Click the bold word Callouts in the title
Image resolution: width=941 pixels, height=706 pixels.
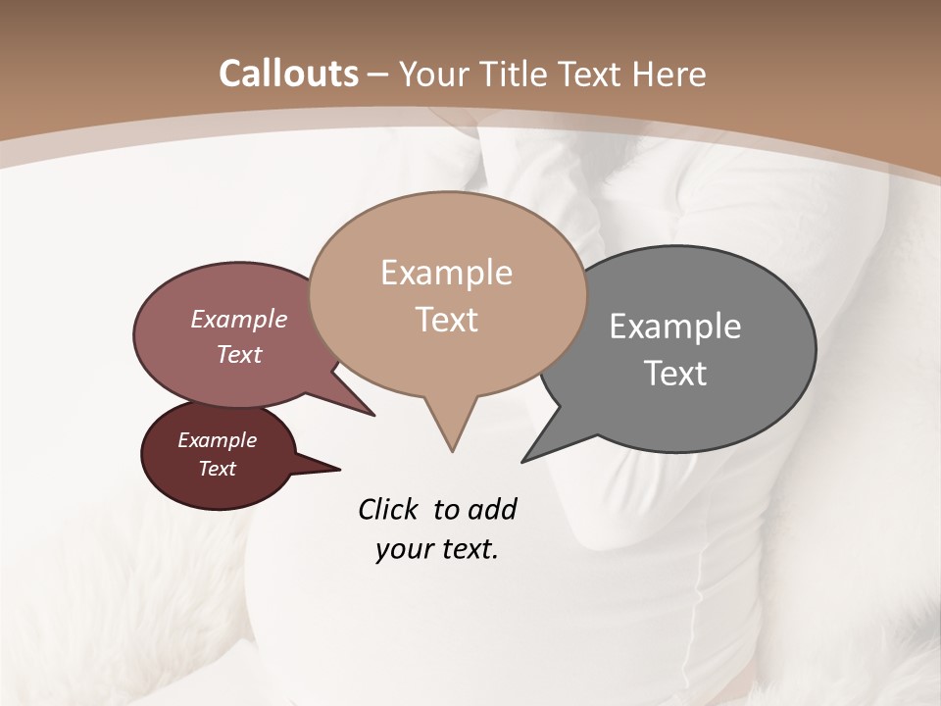(x=289, y=74)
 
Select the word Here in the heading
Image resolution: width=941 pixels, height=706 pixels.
(x=670, y=74)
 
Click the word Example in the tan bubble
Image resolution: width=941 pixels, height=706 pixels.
(x=446, y=273)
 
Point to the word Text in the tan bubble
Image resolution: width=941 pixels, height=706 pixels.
(x=446, y=320)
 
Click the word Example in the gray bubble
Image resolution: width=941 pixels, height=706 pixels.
(x=675, y=327)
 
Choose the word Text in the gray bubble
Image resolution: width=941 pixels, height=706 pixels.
(x=675, y=374)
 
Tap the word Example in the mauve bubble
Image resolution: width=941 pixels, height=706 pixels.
(x=239, y=319)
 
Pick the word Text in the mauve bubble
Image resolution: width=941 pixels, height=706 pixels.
(x=239, y=354)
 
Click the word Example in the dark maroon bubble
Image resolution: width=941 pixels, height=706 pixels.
(x=217, y=440)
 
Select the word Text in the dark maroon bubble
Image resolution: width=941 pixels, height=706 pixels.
(x=217, y=469)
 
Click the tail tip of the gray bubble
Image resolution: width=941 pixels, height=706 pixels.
(x=523, y=460)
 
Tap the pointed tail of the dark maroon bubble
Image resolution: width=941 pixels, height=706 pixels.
(x=338, y=469)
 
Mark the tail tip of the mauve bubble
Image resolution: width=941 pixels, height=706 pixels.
(x=372, y=415)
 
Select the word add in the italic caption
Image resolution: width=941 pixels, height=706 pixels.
(x=491, y=509)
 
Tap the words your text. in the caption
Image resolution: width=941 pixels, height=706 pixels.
(x=436, y=549)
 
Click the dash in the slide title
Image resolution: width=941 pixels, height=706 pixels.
(x=378, y=74)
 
